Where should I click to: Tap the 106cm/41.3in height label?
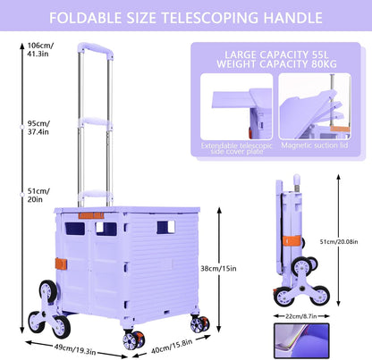(40, 50)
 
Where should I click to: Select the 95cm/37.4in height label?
(38, 128)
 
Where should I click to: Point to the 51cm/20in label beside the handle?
(38, 196)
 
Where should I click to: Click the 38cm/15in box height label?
(218, 269)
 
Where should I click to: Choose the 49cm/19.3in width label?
(75, 349)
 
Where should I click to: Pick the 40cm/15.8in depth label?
(172, 347)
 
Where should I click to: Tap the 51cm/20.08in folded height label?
(339, 242)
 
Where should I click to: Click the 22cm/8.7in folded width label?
(301, 316)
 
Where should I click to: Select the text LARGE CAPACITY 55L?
(276, 54)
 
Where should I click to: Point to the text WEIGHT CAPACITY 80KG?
(276, 64)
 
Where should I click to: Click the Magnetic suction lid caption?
(315, 146)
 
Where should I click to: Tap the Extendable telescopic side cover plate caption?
(237, 148)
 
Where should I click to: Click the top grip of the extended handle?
(96, 50)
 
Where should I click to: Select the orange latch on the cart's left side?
(61, 264)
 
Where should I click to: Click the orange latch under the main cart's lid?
(91, 216)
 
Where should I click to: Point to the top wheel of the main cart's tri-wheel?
(48, 291)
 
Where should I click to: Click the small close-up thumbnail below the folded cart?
(301, 340)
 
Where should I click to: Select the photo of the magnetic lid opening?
(315, 106)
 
